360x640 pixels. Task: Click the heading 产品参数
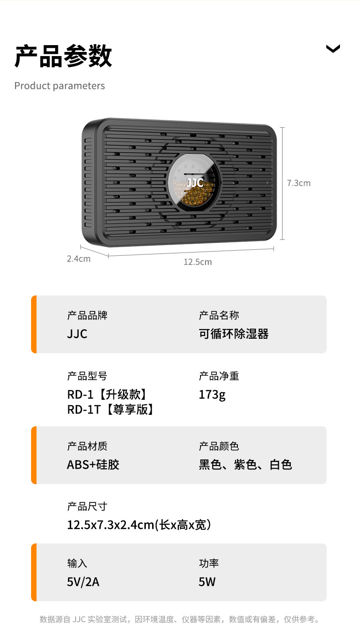point(63,57)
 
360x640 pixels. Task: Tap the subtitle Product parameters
point(60,86)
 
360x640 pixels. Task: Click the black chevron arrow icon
point(333,48)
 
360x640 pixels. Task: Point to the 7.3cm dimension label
point(298,183)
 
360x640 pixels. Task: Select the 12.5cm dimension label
point(197,262)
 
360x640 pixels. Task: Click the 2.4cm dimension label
point(78,259)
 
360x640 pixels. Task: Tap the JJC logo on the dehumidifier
point(195,183)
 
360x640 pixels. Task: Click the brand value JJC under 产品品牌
point(77,334)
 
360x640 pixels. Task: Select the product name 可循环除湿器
point(233,334)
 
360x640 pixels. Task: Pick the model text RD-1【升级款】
point(108,394)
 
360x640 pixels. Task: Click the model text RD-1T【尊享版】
point(111,409)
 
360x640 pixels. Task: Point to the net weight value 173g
point(212,394)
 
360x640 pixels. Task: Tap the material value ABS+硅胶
point(93,465)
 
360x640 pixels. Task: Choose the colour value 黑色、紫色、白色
point(245,465)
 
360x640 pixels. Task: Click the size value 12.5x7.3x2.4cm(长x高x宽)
point(139,525)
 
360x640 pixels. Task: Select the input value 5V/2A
point(83,582)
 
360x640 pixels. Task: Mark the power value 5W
point(207,582)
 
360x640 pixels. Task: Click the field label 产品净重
point(219,376)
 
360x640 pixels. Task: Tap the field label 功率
point(209,563)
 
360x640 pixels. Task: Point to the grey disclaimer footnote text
point(180,619)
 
